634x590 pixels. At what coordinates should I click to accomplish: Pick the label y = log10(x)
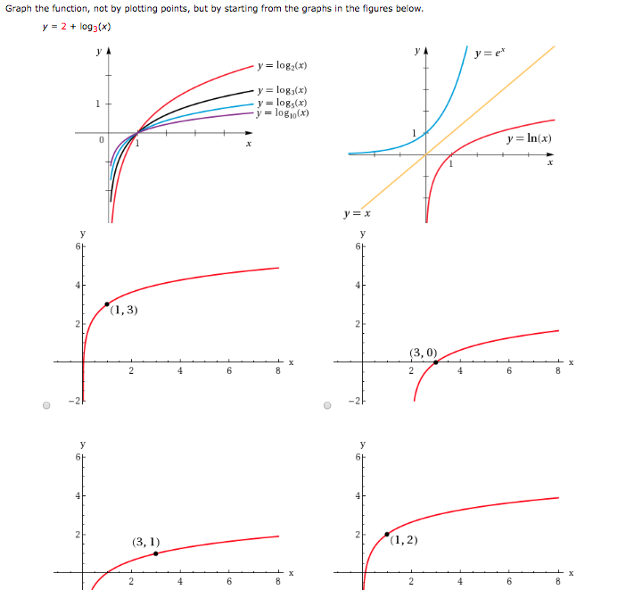284,113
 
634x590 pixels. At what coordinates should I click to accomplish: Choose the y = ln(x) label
528,139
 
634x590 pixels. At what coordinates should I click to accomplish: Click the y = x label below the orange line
357,214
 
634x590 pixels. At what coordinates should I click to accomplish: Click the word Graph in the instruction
20,9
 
